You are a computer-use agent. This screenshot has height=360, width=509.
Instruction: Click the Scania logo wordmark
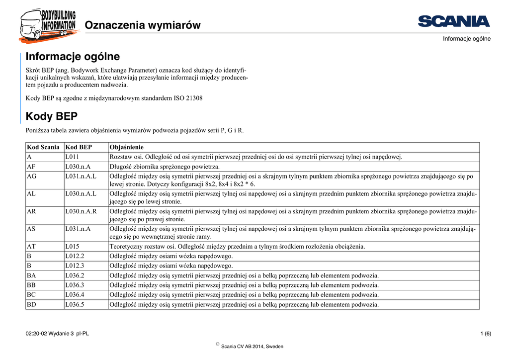(x=454, y=21)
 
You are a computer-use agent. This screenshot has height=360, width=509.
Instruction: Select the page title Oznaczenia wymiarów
(x=143, y=25)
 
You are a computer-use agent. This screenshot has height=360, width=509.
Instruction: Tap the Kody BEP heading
(x=52, y=116)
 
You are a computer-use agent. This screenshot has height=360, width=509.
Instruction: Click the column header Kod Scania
(x=43, y=147)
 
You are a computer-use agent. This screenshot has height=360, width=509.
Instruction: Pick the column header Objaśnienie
(x=127, y=147)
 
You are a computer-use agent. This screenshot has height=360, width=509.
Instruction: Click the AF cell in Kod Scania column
(x=31, y=167)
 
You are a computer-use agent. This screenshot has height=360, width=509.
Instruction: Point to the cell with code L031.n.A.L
(x=81, y=176)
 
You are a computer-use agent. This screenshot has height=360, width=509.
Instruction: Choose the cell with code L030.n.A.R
(x=81, y=211)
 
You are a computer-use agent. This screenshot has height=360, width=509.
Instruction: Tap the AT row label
(x=31, y=246)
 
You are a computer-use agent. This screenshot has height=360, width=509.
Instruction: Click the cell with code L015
(x=73, y=246)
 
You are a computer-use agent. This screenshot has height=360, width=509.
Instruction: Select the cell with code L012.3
(x=75, y=266)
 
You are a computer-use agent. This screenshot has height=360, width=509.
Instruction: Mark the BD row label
(x=32, y=304)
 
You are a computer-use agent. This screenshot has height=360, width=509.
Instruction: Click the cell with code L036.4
(x=75, y=295)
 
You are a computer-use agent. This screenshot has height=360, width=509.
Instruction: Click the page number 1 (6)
(x=486, y=333)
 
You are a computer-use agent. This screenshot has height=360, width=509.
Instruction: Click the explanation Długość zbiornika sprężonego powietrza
(x=165, y=167)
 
